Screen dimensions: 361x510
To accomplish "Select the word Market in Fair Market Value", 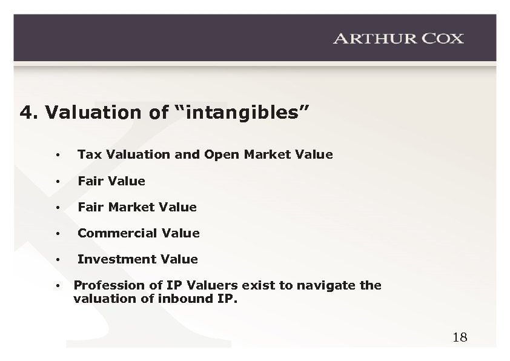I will pyautogui.click(x=133, y=207).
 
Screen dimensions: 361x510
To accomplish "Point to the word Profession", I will pyautogui.click(x=102, y=285).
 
